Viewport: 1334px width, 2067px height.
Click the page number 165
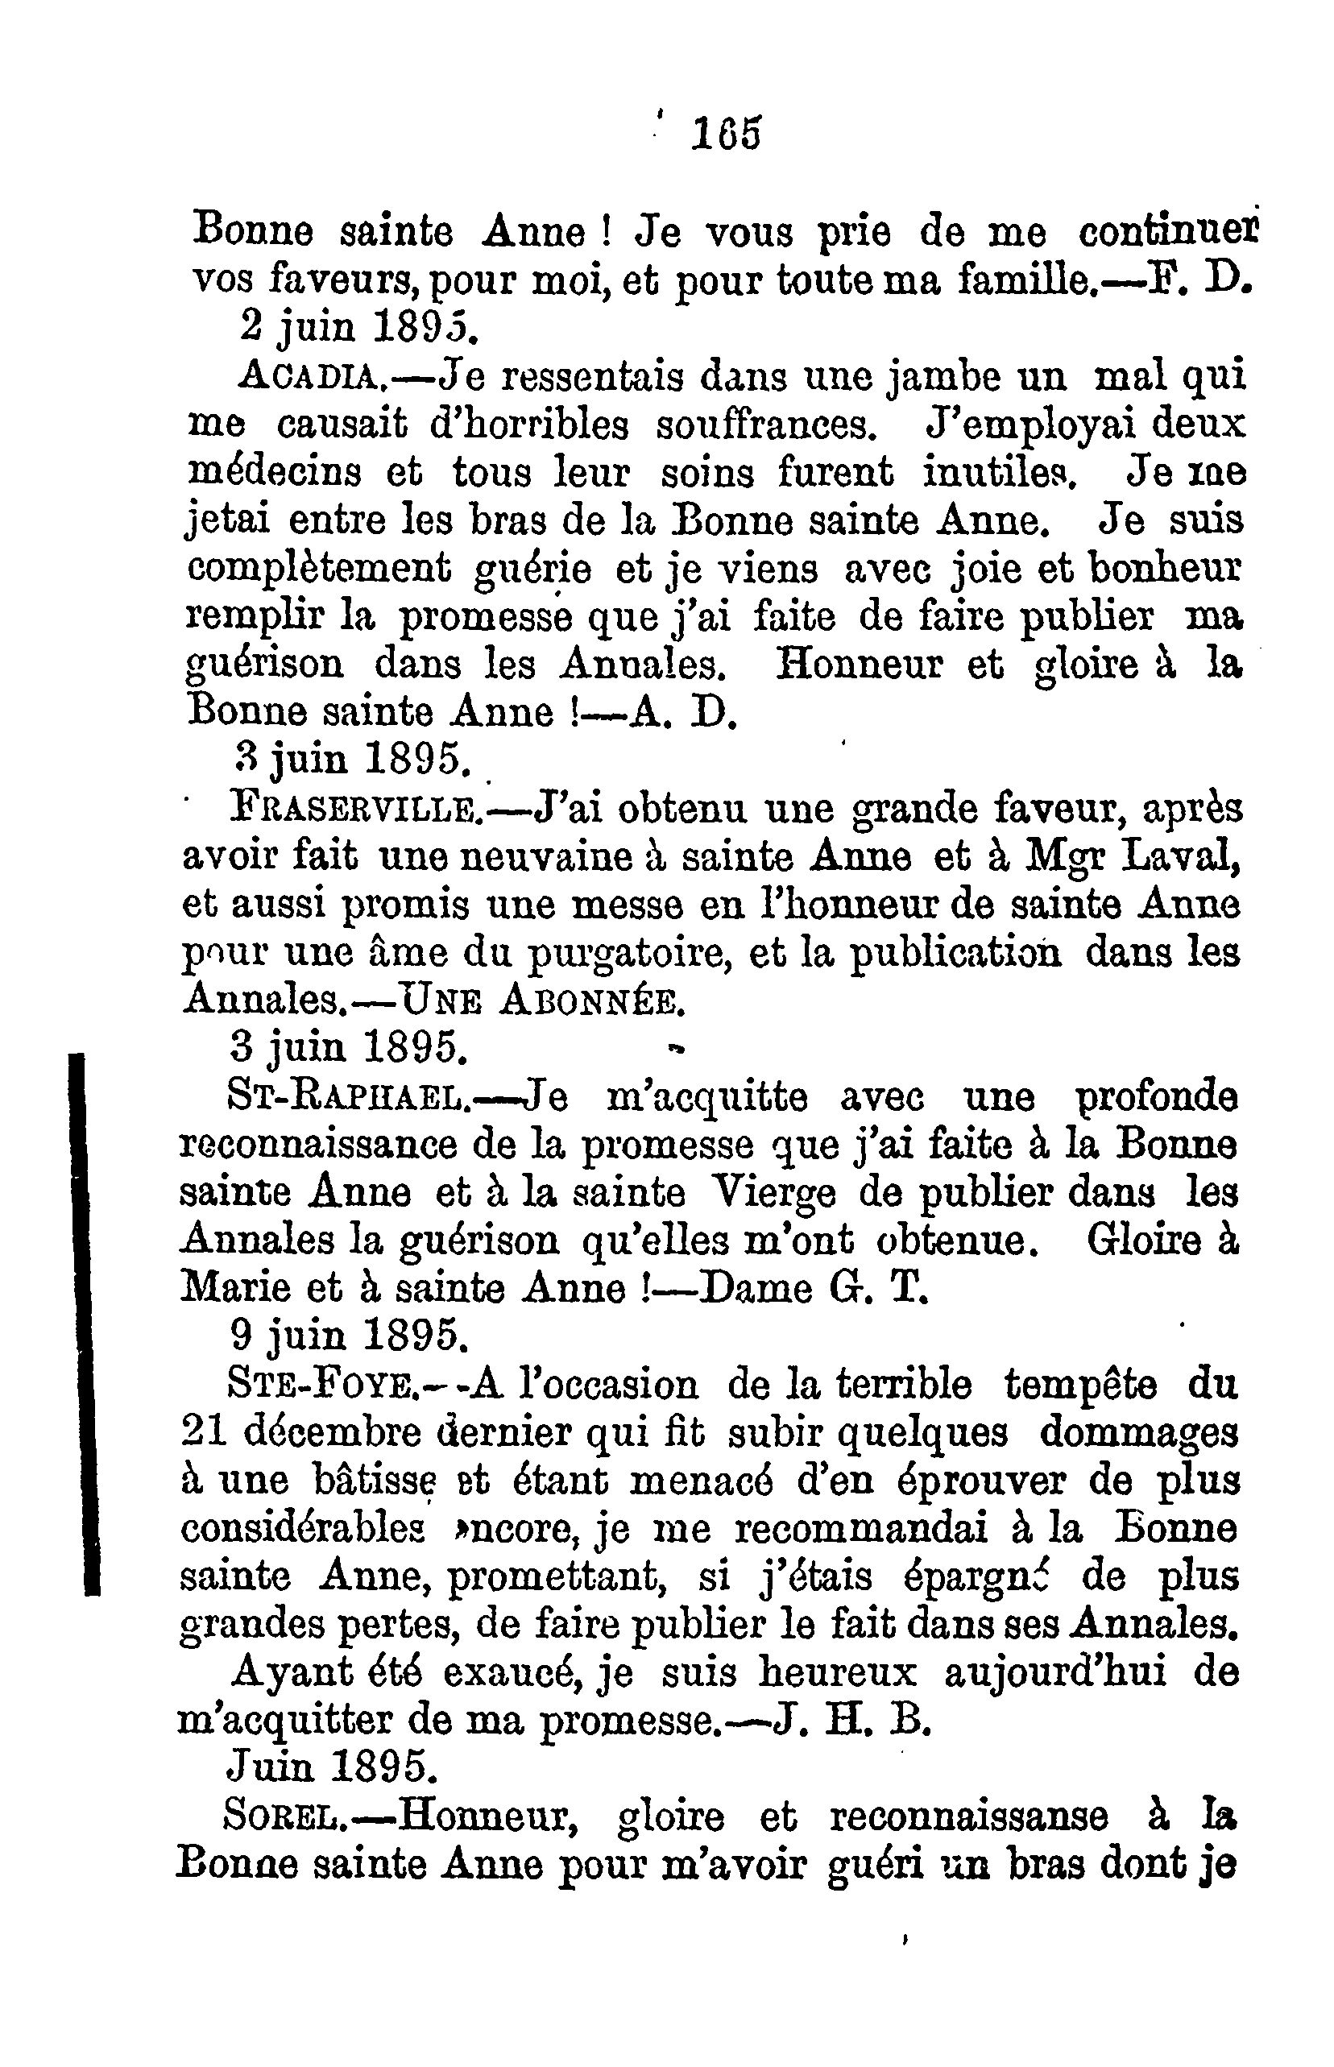point(726,135)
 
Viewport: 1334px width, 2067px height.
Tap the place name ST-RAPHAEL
point(347,1099)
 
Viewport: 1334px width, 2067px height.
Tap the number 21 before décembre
point(204,1434)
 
